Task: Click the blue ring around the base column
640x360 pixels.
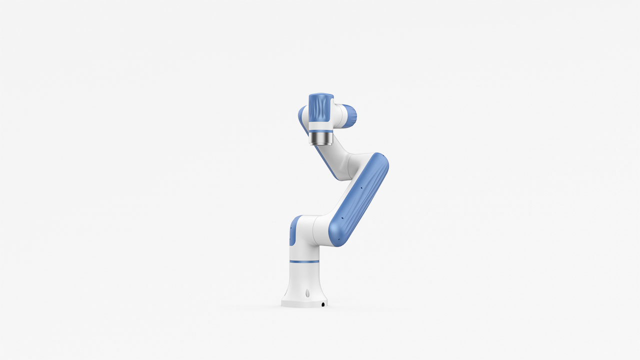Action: (x=303, y=261)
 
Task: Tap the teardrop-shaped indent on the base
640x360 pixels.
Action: (x=306, y=293)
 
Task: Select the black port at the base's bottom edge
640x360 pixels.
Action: (x=323, y=304)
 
